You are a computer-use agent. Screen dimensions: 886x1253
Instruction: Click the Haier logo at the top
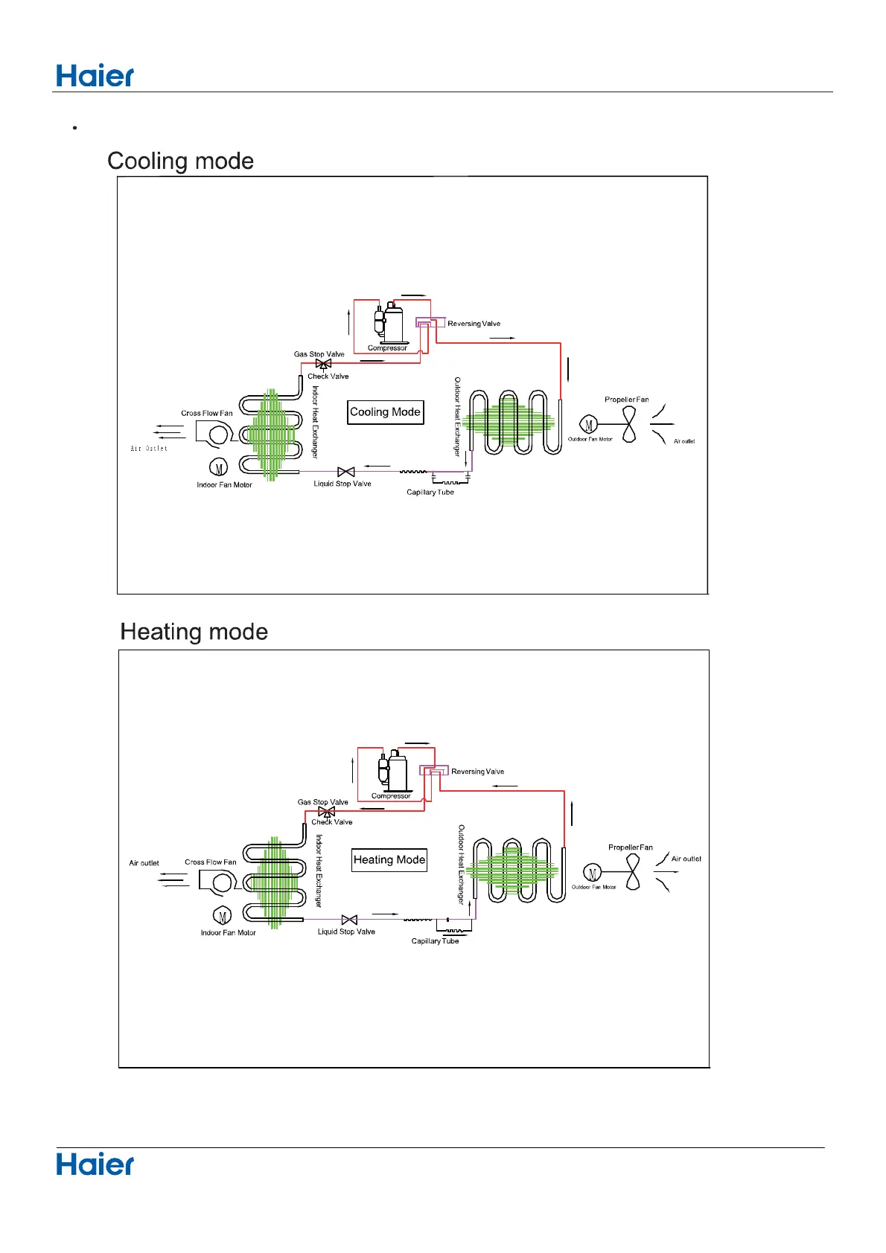pos(95,76)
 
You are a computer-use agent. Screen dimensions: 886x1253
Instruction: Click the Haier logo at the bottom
pos(95,1164)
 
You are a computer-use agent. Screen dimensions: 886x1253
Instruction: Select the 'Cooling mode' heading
pos(180,161)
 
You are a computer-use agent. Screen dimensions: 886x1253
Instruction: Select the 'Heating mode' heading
pos(194,632)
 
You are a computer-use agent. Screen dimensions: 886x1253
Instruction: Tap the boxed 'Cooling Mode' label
pos(385,412)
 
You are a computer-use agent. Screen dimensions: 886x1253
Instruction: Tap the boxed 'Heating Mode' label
pos(389,860)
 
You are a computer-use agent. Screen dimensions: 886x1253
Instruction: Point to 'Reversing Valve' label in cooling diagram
pos(474,324)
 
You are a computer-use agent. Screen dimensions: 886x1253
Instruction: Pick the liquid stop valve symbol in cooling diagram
pos(345,472)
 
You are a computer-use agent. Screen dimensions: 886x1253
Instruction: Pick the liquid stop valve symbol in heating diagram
pos(348,920)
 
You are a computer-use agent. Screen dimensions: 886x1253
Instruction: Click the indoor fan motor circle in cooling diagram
pos(219,467)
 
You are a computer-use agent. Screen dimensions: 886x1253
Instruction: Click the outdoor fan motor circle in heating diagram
pos(593,874)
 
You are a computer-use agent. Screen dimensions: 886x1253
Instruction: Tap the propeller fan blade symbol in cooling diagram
pos(630,425)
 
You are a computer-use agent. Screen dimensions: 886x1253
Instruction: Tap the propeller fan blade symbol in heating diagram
pos(633,873)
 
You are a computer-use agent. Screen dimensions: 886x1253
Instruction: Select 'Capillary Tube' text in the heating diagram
pos(435,941)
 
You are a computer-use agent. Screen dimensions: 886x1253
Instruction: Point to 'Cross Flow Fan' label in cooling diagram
pos(207,413)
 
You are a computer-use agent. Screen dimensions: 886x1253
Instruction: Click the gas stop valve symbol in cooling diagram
pos(323,364)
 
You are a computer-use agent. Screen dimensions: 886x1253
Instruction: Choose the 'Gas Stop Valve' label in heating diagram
pos(322,802)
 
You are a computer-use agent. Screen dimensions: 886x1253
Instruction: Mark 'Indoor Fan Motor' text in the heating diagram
pos(228,933)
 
